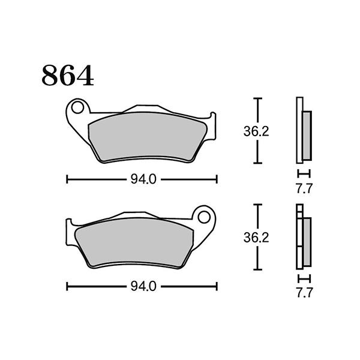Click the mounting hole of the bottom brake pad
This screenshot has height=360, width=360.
(205, 217)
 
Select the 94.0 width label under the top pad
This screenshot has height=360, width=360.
(142, 179)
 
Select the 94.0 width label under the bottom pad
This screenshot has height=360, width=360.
(142, 287)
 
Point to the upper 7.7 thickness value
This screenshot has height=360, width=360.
(304, 188)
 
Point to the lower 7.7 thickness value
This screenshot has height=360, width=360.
(304, 295)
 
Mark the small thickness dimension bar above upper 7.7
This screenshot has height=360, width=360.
(304, 172)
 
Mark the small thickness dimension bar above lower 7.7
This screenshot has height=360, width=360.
(304, 279)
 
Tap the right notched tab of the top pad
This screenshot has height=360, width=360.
(209, 120)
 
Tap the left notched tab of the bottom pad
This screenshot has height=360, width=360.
(72, 227)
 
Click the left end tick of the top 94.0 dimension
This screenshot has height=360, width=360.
(67, 179)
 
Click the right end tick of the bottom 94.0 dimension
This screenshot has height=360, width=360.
(216, 287)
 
